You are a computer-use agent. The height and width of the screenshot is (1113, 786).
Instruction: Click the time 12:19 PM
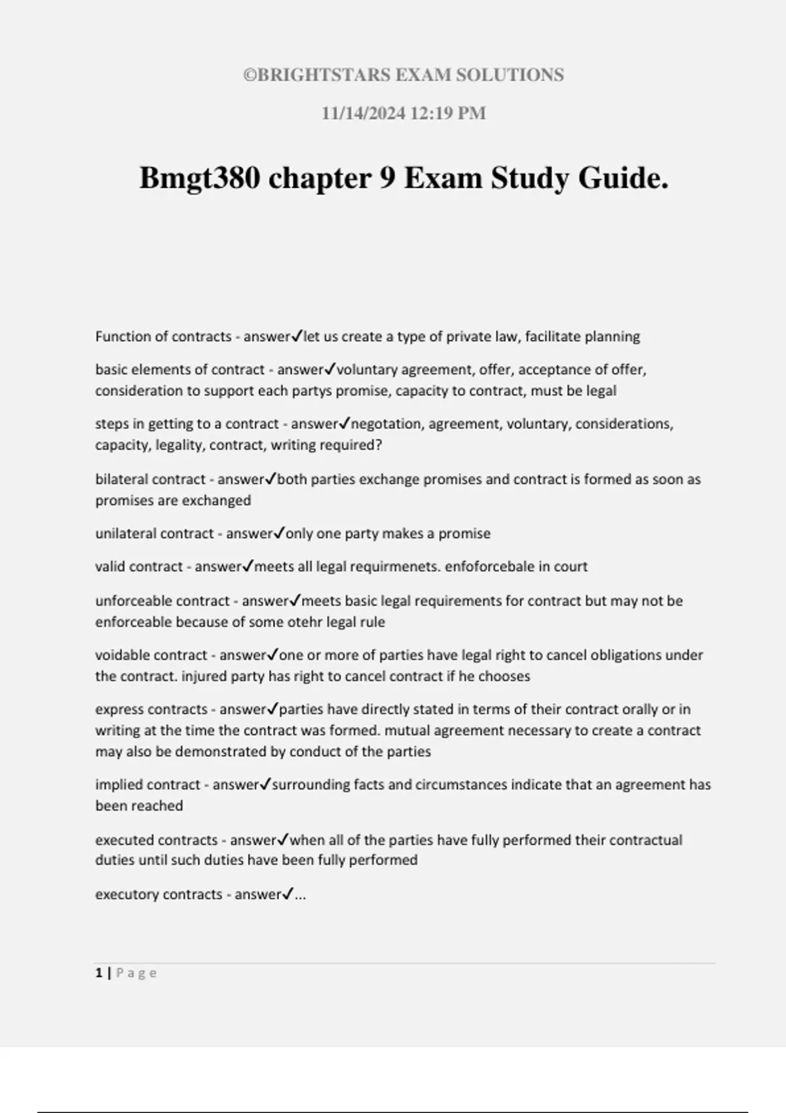[x=448, y=113]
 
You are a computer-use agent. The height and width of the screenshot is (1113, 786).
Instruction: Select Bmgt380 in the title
[x=199, y=178]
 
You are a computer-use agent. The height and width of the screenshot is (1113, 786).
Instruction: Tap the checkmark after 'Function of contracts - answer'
[x=296, y=336]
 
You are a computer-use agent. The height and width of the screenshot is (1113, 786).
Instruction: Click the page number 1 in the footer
[x=99, y=974]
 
